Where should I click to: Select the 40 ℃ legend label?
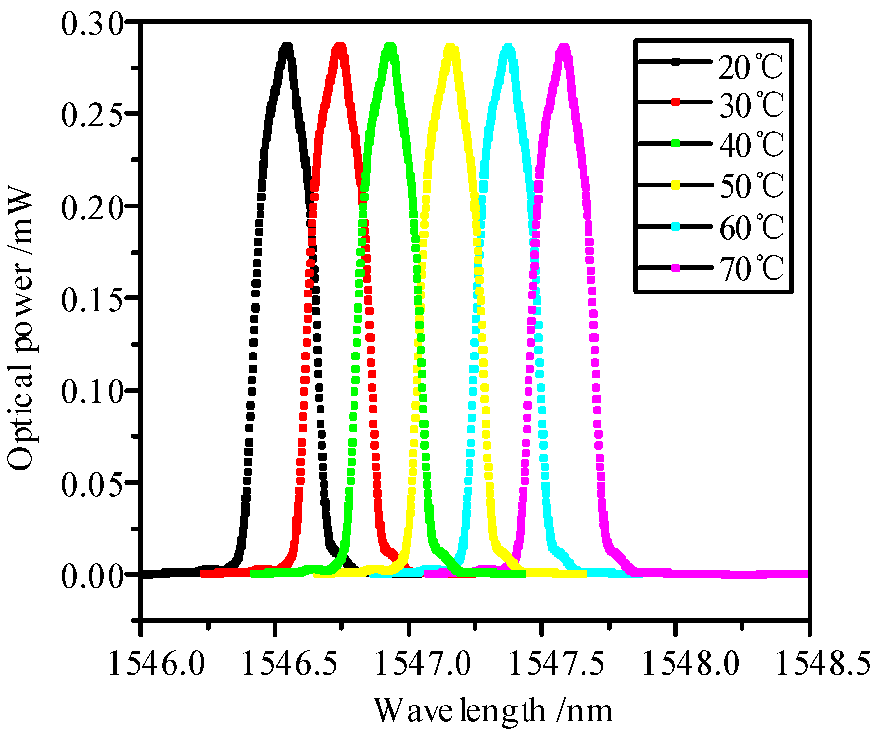pos(751,145)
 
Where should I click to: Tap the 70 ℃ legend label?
pos(751,268)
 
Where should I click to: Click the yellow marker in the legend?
pos(676,185)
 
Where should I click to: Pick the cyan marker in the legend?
pos(676,226)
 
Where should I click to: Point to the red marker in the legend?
pos(676,102)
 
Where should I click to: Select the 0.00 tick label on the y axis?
pos(91,575)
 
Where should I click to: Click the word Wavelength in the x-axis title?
pos(459,711)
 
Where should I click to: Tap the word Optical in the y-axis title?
pos(21,417)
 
